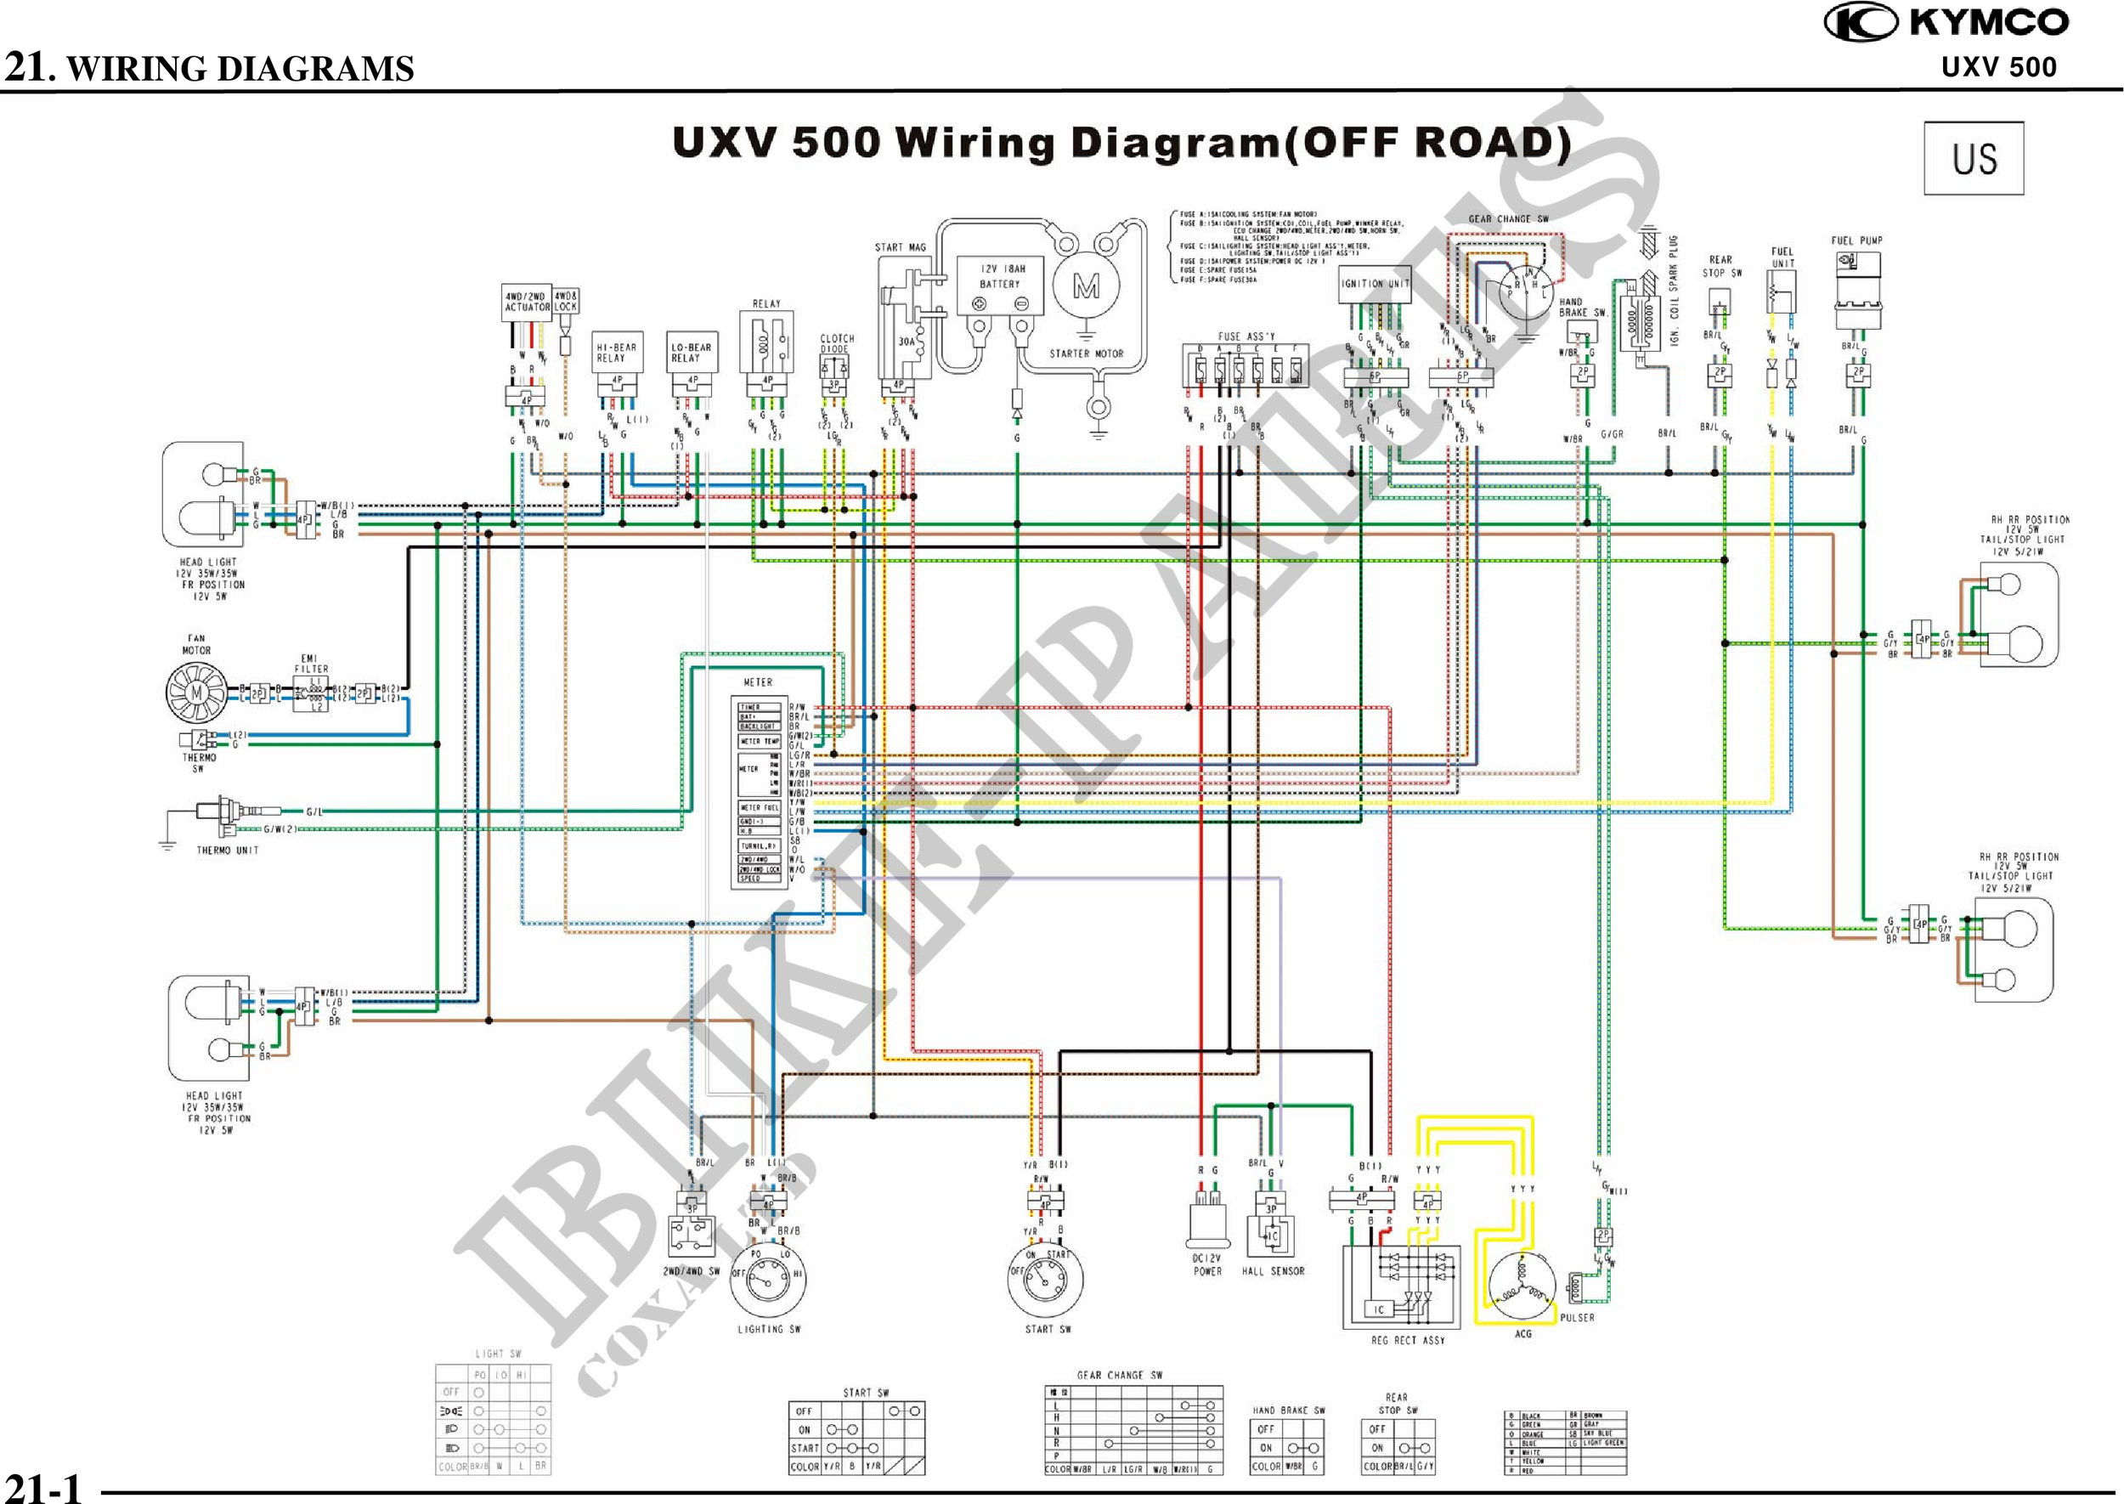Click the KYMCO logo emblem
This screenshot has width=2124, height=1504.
[1861, 23]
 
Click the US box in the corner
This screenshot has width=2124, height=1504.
[1974, 158]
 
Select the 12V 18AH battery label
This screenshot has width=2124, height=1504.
[1000, 276]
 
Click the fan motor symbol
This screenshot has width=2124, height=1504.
[196, 693]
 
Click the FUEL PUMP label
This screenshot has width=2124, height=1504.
[1856, 240]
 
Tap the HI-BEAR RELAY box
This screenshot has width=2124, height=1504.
[617, 353]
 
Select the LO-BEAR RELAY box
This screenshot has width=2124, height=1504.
[692, 353]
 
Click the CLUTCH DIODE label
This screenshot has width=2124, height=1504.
[836, 343]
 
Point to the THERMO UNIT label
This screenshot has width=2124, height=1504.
[227, 851]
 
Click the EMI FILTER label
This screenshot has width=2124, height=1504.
[311, 663]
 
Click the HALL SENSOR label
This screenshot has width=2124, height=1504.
[1272, 1271]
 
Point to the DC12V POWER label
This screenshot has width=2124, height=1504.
[1207, 1265]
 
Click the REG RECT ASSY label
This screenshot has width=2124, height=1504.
[1406, 1340]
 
